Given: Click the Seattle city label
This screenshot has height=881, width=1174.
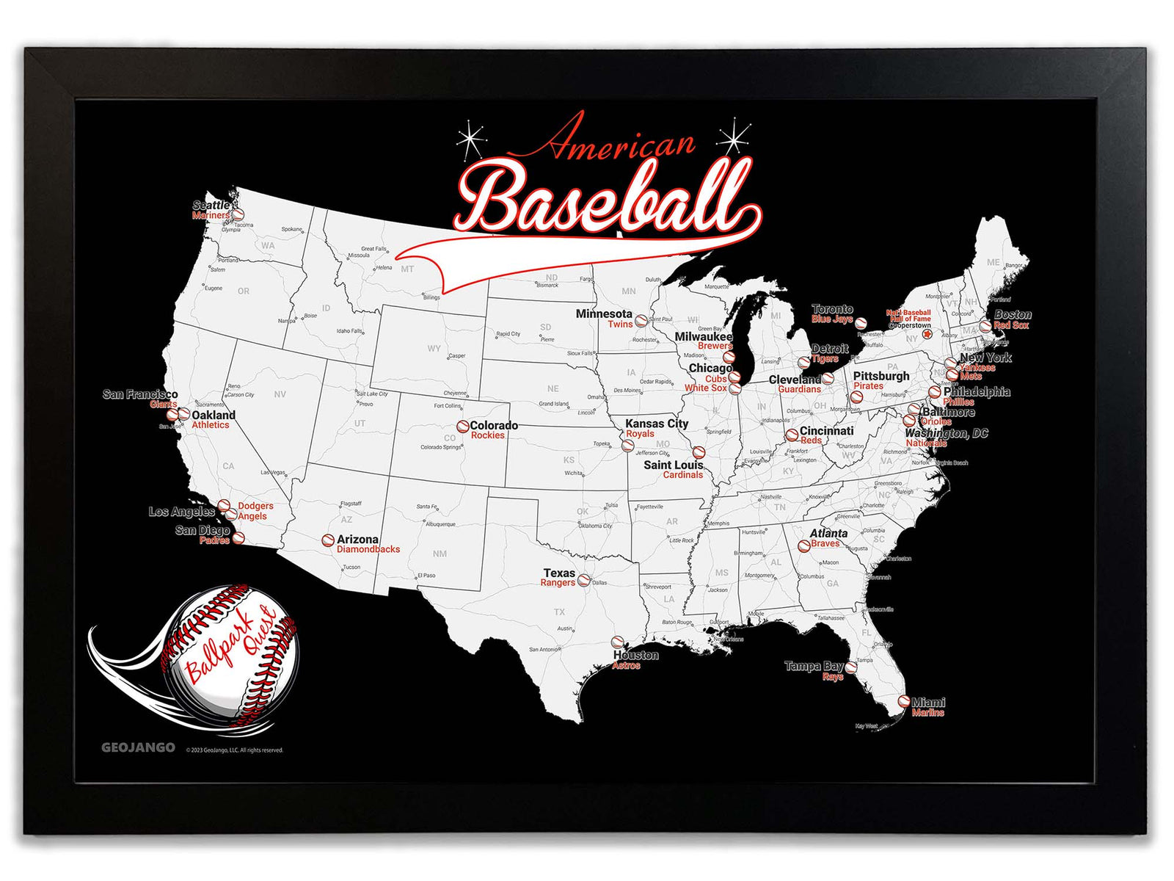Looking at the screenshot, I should (x=211, y=206).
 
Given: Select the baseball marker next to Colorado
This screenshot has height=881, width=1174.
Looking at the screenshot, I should (x=462, y=426).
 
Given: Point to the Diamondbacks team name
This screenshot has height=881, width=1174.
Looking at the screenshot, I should (x=368, y=549).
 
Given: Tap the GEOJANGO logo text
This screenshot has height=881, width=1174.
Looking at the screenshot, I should (x=138, y=747).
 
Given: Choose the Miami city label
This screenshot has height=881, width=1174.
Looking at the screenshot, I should (x=928, y=702).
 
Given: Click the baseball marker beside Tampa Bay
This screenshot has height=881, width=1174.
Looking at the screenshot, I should (x=851, y=667).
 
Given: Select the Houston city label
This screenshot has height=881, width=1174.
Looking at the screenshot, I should (x=635, y=655).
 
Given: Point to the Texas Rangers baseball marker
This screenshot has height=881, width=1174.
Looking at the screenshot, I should (x=584, y=580).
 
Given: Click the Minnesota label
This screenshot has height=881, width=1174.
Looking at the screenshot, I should (x=603, y=313).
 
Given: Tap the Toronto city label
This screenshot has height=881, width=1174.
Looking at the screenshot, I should (x=832, y=309).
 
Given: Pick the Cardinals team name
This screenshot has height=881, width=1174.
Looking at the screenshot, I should (x=682, y=475).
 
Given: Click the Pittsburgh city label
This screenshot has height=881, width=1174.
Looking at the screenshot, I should (x=880, y=376).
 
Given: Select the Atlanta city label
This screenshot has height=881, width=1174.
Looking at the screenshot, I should (x=828, y=533).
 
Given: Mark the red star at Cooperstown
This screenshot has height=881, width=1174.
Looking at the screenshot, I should (x=927, y=334).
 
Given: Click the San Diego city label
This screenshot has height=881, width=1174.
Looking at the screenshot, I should (x=203, y=530).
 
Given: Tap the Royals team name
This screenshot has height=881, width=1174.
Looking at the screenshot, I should (x=640, y=434).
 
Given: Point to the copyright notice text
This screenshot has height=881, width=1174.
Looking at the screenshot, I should (x=234, y=750).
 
